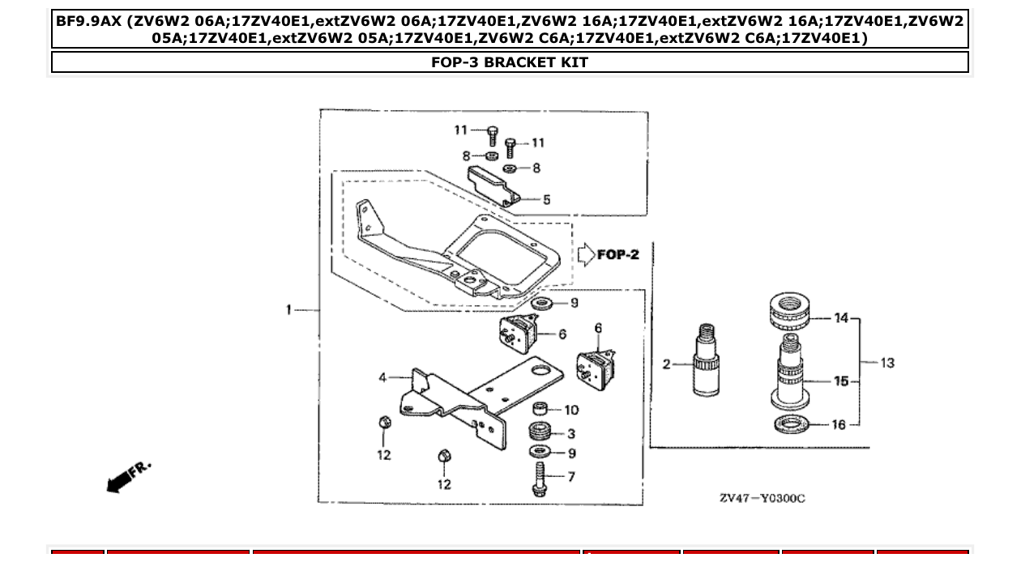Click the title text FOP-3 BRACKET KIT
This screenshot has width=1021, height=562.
[510, 62]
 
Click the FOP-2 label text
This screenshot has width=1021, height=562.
[618, 254]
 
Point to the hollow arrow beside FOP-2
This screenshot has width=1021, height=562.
[585, 254]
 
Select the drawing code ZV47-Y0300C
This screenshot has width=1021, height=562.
[762, 498]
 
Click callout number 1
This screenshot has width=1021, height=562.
[288, 309]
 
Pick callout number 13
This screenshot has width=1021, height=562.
[886, 363]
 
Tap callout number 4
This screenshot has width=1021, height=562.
[383, 377]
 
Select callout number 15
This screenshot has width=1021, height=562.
[841, 381]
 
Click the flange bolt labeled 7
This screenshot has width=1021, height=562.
[539, 479]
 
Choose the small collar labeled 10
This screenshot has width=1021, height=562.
[539, 408]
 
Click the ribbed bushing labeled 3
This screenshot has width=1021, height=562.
[539, 432]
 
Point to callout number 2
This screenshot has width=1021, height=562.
[667, 364]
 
